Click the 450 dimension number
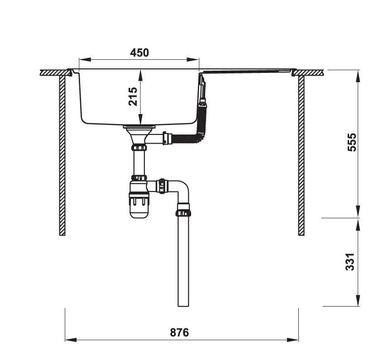(x=139, y=53)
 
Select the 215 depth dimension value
(x=133, y=96)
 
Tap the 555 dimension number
(x=352, y=142)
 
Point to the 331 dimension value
(x=350, y=262)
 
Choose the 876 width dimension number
(x=179, y=332)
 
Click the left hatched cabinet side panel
(x=62, y=155)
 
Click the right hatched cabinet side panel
(x=301, y=155)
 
